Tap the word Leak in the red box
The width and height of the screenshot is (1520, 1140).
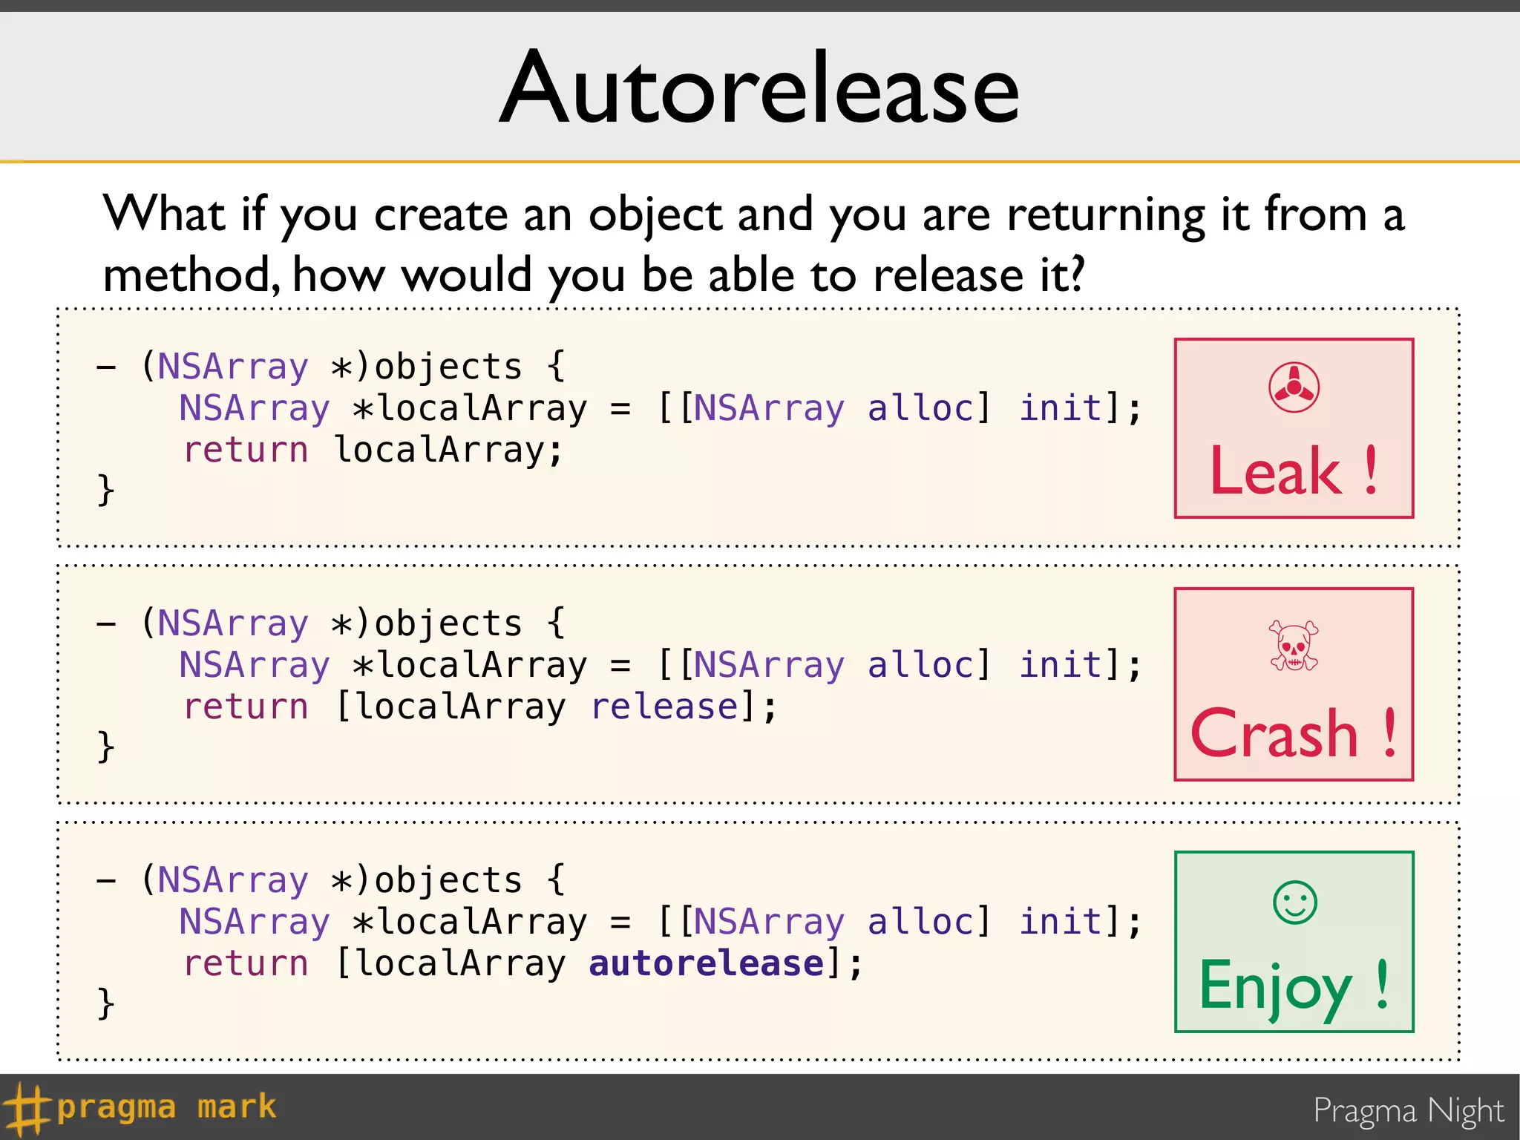click(x=1275, y=471)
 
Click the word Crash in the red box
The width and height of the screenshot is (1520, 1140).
click(x=1274, y=734)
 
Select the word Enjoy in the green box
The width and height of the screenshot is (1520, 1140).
click(x=1275, y=986)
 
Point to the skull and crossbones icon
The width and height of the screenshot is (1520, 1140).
click(x=1294, y=645)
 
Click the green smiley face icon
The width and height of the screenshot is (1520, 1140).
click(x=1294, y=902)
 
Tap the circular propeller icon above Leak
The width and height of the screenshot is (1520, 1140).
click(x=1294, y=387)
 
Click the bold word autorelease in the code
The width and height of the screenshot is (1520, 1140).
click(x=706, y=963)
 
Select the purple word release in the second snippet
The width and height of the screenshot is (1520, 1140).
click(x=665, y=707)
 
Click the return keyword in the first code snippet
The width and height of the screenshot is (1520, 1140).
click(x=246, y=450)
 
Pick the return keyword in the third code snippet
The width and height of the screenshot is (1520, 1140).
click(x=246, y=963)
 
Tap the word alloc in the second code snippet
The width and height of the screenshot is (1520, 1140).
click(x=920, y=664)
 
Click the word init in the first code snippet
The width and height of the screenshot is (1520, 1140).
click(x=1061, y=407)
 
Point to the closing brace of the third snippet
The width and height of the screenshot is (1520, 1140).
click(x=106, y=1003)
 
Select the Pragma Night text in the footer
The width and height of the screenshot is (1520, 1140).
click(x=1408, y=1111)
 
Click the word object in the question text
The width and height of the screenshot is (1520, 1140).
click(x=655, y=215)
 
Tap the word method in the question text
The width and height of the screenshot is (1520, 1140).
click(x=191, y=275)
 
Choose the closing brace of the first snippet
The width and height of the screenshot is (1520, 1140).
click(x=106, y=490)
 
